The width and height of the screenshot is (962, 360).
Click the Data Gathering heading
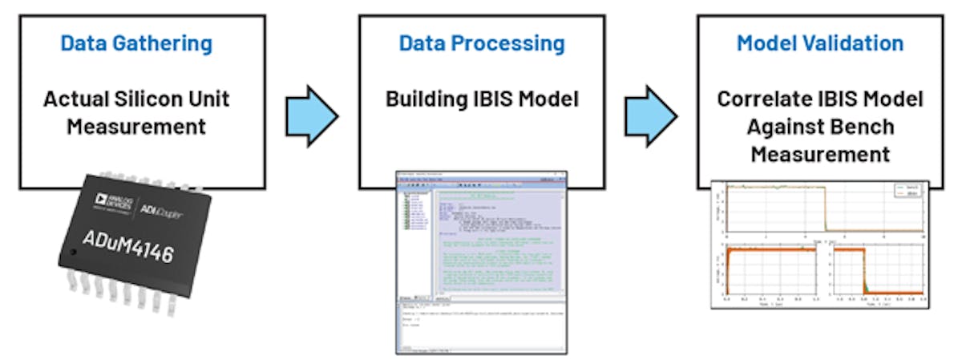tap(137, 43)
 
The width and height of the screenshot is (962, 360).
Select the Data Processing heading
tap(482, 43)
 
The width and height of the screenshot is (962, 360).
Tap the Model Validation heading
tap(820, 43)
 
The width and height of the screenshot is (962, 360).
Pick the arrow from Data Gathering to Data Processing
tap(312, 114)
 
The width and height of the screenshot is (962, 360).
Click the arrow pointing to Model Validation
tap(651, 114)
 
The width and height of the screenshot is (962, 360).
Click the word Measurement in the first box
tap(136, 126)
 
